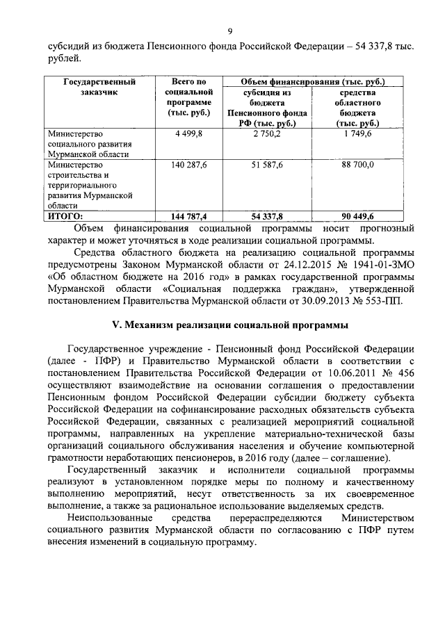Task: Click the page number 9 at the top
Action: click(x=229, y=31)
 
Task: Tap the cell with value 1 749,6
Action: click(x=357, y=133)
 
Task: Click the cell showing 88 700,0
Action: click(x=357, y=165)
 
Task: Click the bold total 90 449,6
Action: click(x=357, y=216)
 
